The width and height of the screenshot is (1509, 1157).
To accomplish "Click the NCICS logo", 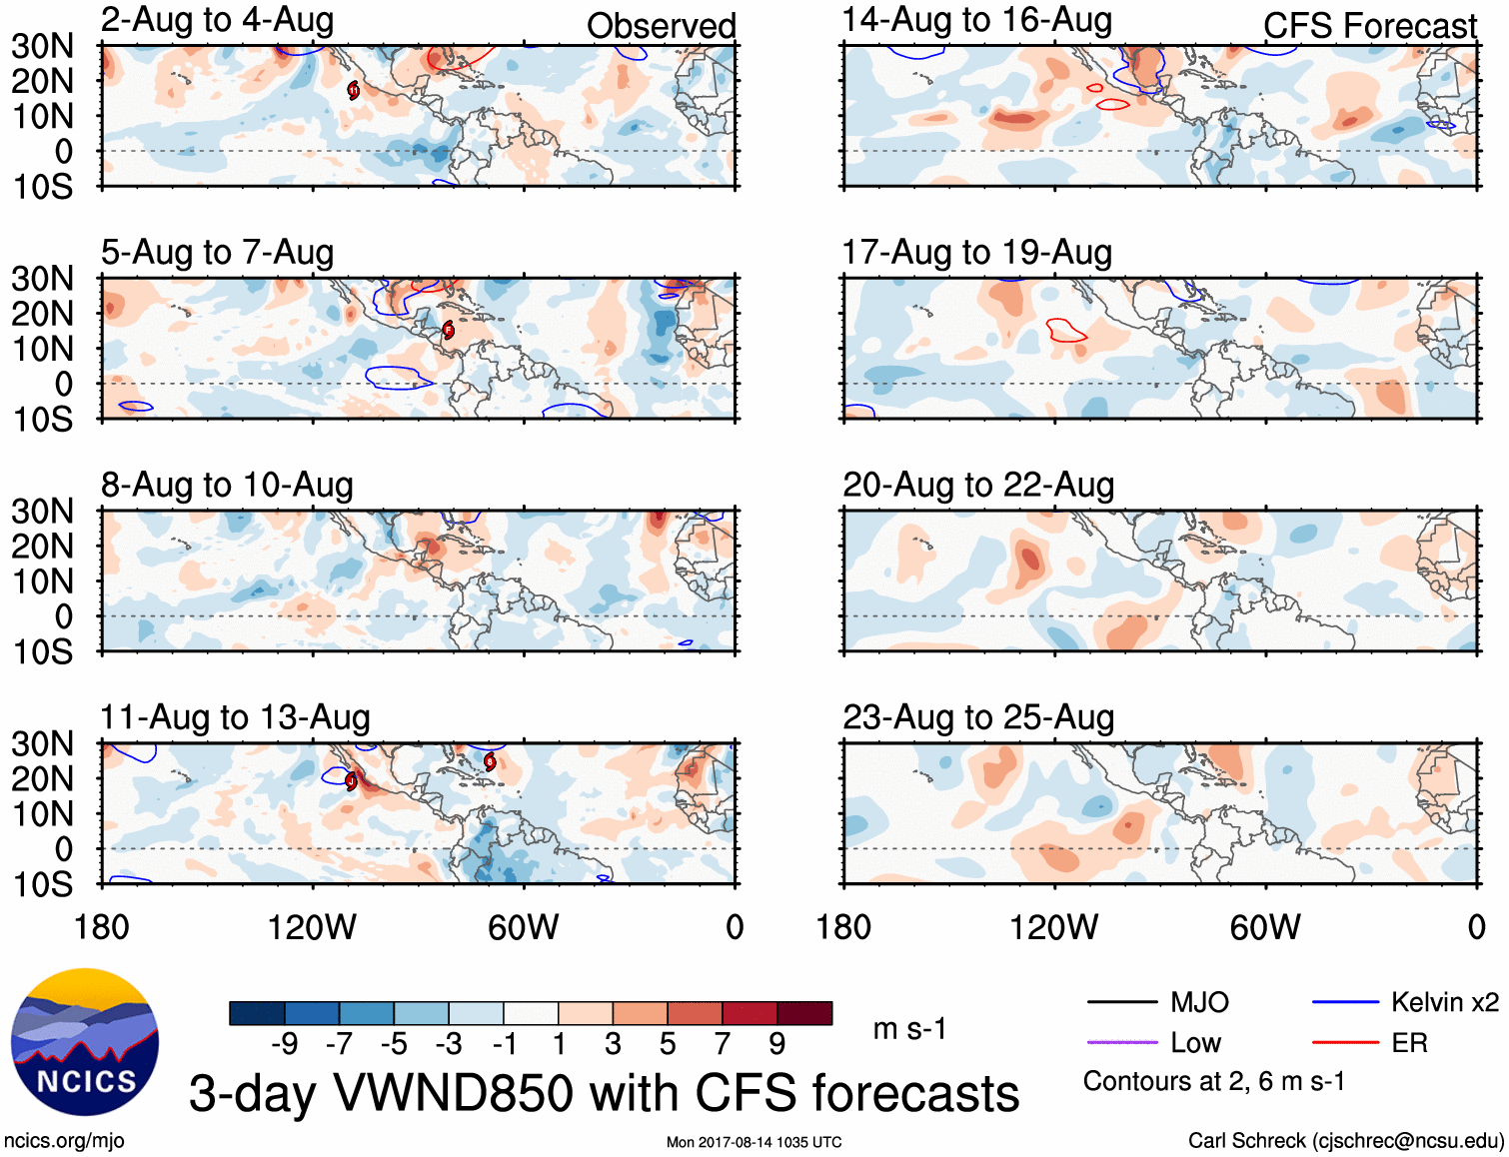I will [x=85, y=1042].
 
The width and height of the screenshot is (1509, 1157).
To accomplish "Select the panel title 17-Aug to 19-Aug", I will [x=976, y=253].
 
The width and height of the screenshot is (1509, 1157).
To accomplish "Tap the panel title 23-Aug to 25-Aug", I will [x=977, y=717].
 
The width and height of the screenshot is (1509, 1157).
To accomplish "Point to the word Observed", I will [x=661, y=26].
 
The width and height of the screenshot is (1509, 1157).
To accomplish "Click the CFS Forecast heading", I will [x=1369, y=26].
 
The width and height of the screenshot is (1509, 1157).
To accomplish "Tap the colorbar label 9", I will [x=776, y=1044].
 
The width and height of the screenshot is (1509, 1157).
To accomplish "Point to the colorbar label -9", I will [x=284, y=1044].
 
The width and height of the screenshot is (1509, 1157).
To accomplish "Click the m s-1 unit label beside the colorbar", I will [x=909, y=1028].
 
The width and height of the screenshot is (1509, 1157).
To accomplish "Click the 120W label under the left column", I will [x=312, y=927].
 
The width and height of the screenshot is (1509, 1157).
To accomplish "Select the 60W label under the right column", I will [x=1265, y=927].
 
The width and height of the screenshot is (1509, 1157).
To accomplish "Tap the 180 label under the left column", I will [x=102, y=927].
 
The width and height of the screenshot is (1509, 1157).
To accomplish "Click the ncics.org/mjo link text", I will [x=64, y=1141].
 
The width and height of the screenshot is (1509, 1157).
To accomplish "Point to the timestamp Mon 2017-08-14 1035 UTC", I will [x=754, y=1142].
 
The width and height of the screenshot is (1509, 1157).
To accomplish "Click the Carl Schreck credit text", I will [x=1345, y=1141].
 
